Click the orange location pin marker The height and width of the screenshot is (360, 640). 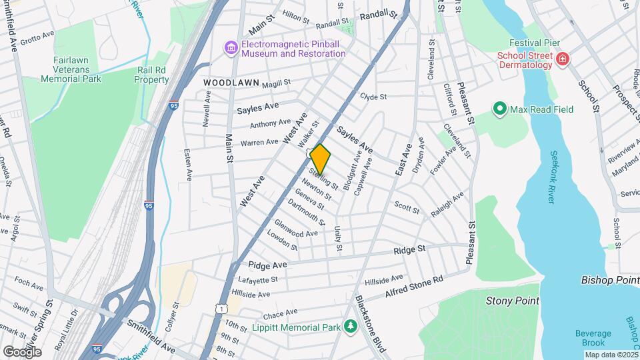(x=320, y=159)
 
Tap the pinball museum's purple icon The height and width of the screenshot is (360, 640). (x=231, y=47)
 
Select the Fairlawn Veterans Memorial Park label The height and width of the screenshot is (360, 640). (x=70, y=69)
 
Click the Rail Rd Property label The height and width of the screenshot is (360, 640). (x=151, y=74)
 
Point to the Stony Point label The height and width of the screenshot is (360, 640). (x=512, y=301)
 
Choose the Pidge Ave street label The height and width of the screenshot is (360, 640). (x=267, y=265)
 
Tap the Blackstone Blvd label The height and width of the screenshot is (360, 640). (x=370, y=319)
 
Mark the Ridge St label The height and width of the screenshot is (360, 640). (x=409, y=249)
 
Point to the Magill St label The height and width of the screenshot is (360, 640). (x=277, y=83)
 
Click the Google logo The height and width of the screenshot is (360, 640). (x=22, y=351)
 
